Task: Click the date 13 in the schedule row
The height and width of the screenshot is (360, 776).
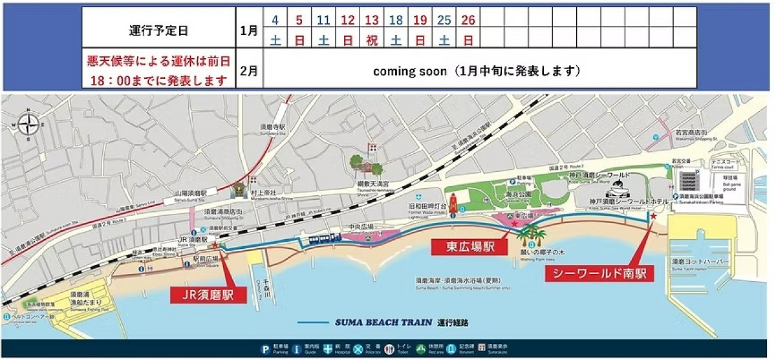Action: click(372, 20)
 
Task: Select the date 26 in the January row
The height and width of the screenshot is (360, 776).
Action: click(468, 20)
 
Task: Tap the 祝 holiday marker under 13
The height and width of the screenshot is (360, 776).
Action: click(372, 40)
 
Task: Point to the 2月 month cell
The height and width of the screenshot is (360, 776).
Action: click(249, 70)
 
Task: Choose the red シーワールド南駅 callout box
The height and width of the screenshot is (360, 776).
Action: click(598, 273)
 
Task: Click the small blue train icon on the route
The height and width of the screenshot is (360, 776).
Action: click(324, 238)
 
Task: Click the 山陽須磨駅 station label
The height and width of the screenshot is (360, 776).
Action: click(186, 193)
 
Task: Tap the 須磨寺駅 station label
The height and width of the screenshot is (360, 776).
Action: click(273, 128)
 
